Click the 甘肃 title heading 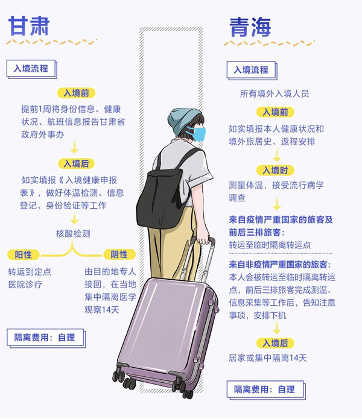click(x=29, y=26)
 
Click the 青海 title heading click(x=250, y=27)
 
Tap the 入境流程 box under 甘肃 click(x=31, y=69)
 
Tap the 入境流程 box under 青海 click(x=252, y=71)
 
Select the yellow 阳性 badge click(x=24, y=254)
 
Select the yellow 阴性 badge click(x=119, y=254)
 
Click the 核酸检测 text click(x=73, y=234)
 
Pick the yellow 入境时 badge click(x=275, y=170)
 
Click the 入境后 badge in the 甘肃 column click(x=76, y=163)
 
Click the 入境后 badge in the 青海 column click(x=275, y=343)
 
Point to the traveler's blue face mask click(x=197, y=134)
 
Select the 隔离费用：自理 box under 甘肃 click(x=46, y=338)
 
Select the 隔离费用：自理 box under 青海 click(x=265, y=390)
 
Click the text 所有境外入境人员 click(x=275, y=94)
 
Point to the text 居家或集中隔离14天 click(x=268, y=358)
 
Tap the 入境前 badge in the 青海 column click(x=275, y=112)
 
